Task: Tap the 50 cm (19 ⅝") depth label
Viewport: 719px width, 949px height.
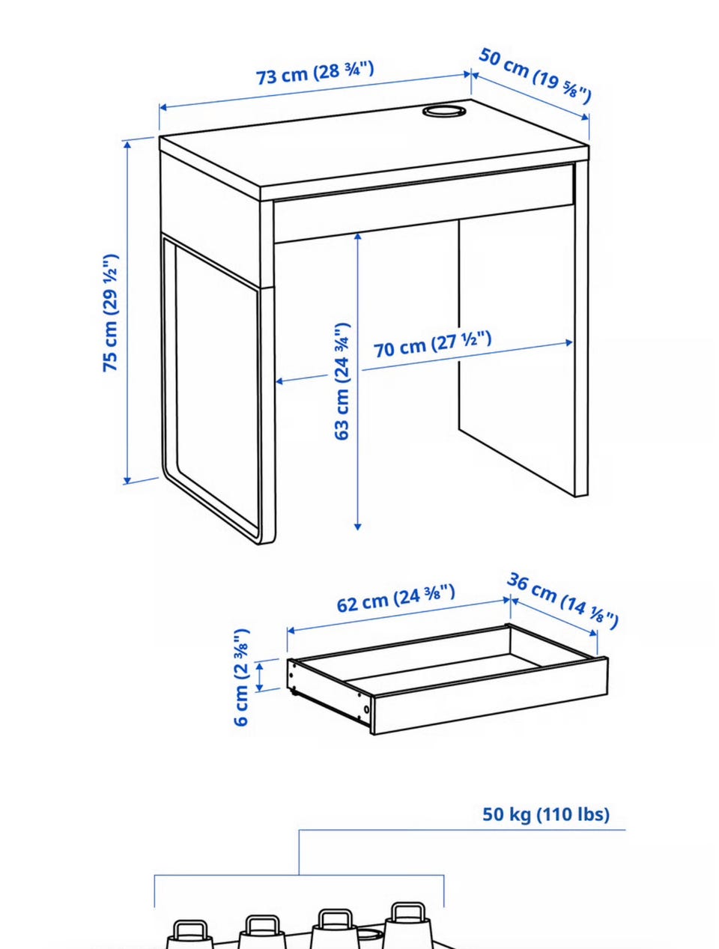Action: (x=535, y=76)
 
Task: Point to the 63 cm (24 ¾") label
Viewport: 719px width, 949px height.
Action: (x=342, y=382)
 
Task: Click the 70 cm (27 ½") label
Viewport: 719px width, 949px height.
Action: (x=432, y=344)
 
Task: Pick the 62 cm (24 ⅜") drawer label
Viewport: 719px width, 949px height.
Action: (x=395, y=598)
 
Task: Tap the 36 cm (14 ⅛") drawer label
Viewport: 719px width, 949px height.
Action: (x=562, y=601)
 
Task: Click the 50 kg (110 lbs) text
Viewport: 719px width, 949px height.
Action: (x=546, y=814)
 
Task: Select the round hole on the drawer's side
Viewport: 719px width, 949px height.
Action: (x=367, y=709)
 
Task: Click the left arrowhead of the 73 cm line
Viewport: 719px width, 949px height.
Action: (x=162, y=107)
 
